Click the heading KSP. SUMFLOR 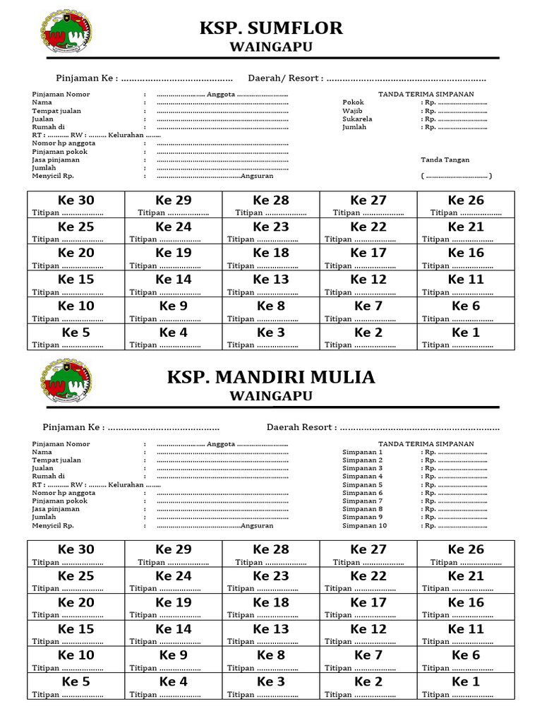[271, 28]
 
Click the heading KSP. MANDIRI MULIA [271, 377]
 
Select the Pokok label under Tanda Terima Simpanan [353, 102]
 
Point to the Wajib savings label [352, 111]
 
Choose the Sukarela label [357, 119]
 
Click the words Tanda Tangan [445, 160]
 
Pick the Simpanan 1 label [362, 452]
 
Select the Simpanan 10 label [364, 525]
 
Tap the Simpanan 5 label [362, 485]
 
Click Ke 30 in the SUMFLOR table [76, 201]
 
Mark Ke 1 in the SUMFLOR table [466, 333]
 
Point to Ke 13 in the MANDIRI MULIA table [271, 628]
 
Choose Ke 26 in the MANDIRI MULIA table [466, 549]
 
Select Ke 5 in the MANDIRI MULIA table [76, 681]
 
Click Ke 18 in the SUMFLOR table [271, 253]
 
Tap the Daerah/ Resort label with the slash [285, 78]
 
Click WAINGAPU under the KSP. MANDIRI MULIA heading [271, 396]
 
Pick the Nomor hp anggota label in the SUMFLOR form [64, 143]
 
